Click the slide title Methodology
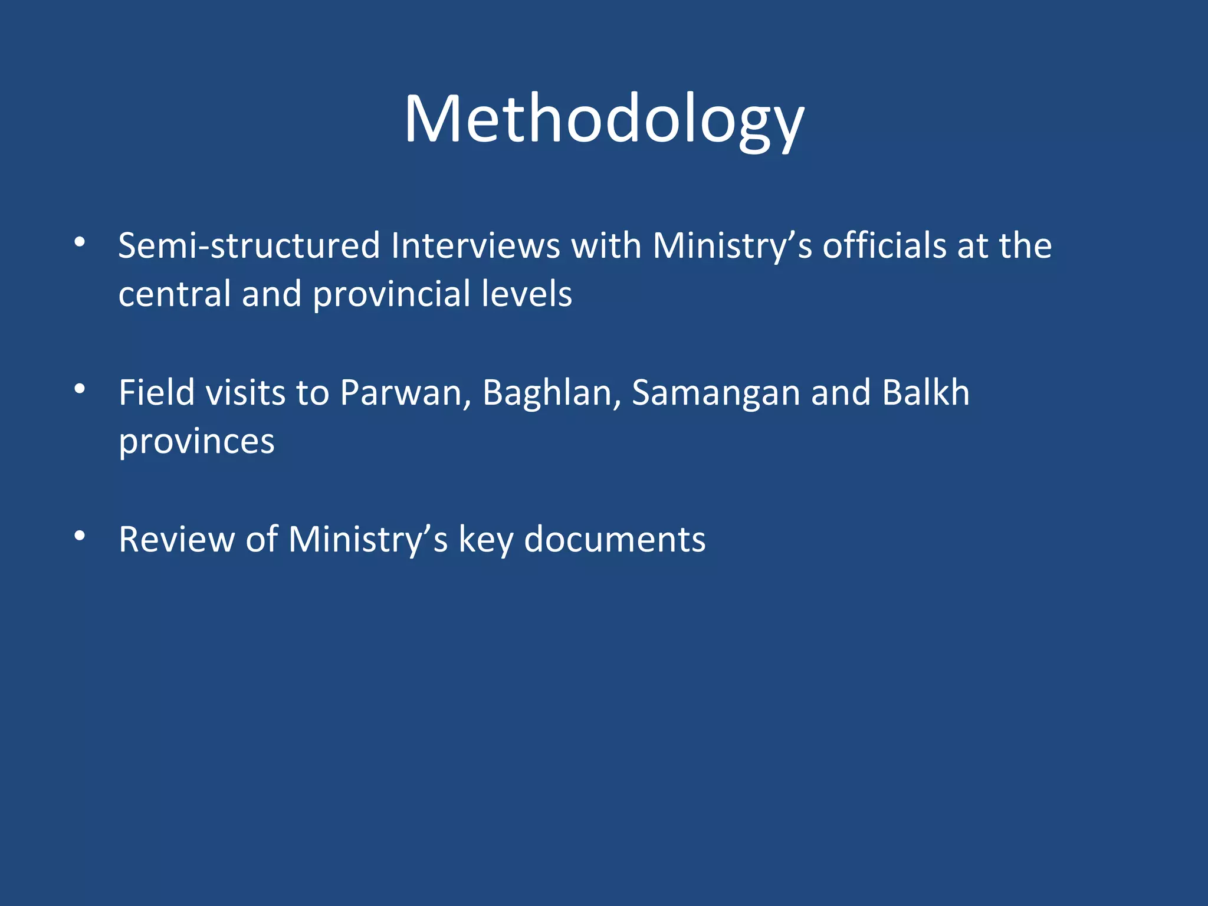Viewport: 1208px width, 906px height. (604, 119)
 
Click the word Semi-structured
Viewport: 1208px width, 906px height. (249, 245)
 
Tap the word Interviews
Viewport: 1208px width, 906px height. (475, 245)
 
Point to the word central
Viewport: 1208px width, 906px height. (175, 294)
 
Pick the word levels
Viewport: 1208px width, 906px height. (526, 294)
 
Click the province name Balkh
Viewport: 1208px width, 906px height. (926, 392)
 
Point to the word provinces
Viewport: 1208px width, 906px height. (196, 441)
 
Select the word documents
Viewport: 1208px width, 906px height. (615, 539)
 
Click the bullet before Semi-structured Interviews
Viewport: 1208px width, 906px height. (80, 242)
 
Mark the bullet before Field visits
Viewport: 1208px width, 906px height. (80, 389)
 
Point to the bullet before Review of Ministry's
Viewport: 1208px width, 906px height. (80, 536)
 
